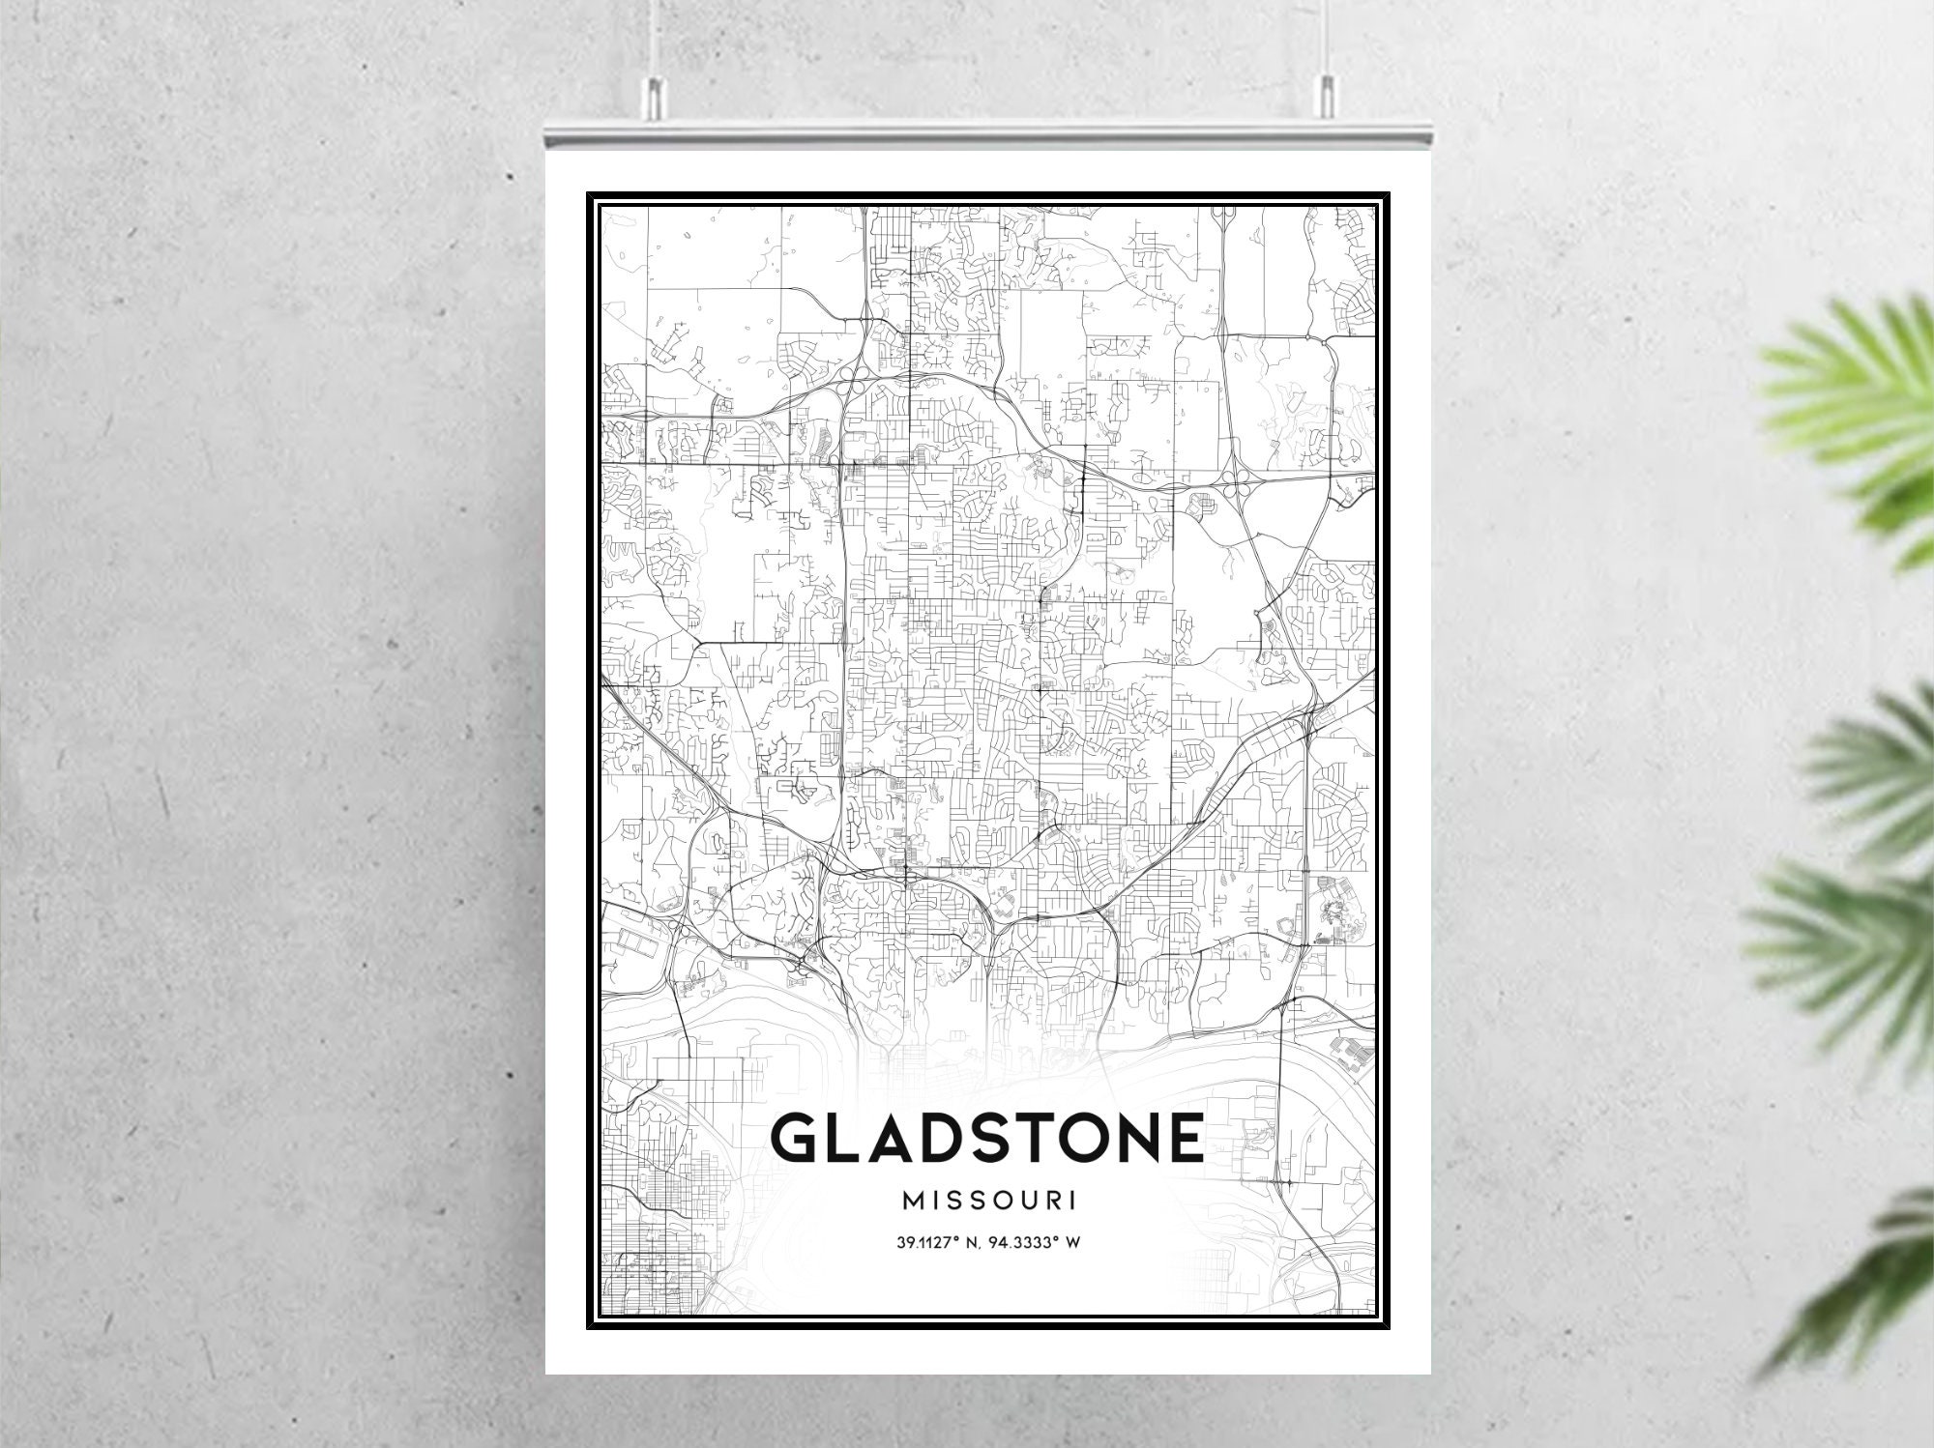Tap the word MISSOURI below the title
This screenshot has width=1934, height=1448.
988,1201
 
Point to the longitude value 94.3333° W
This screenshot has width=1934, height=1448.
1041,1242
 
